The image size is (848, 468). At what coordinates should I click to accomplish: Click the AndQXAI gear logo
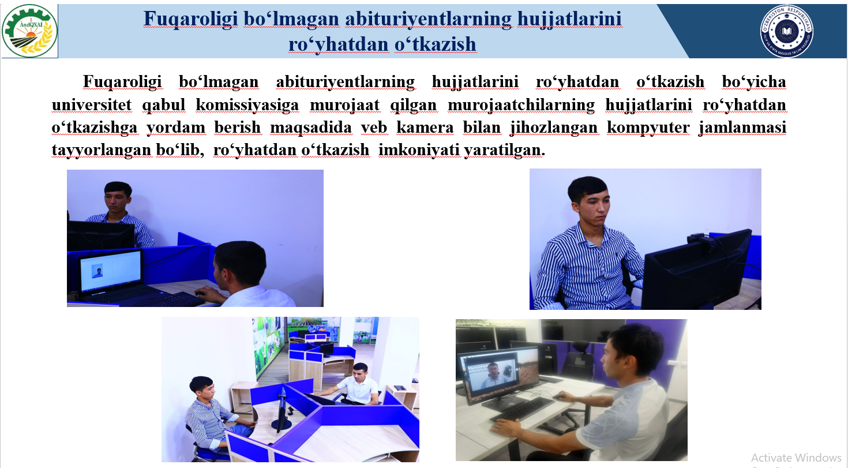coord(29,31)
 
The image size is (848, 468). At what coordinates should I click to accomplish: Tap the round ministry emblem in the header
coord(787,31)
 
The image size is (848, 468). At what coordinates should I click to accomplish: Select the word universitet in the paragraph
coord(92,105)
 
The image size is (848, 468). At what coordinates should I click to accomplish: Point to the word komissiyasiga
coord(247,105)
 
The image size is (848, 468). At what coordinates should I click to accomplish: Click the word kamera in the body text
coord(425,128)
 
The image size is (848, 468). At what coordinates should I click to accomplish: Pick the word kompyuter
coord(648,128)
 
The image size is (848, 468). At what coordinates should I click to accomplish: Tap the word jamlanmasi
coord(742,128)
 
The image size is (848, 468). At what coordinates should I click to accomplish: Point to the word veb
coord(374,128)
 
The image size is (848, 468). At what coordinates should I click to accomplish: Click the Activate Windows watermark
coord(796,458)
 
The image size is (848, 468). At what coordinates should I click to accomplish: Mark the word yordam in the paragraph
coord(175,128)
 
